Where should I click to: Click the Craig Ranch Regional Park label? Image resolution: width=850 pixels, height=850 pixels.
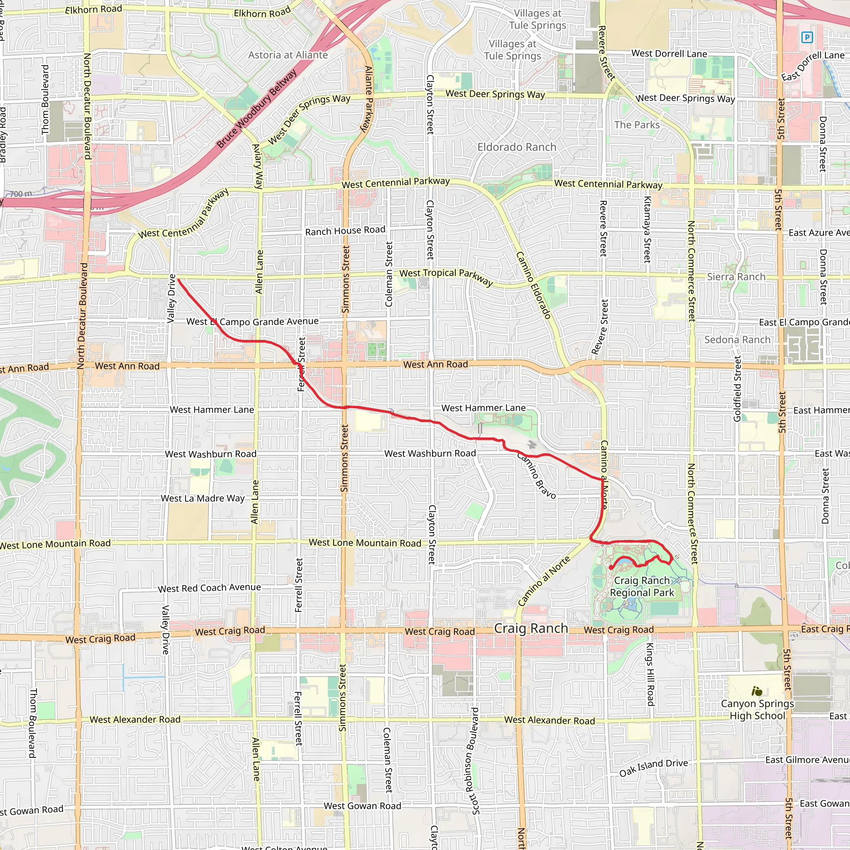tap(642, 586)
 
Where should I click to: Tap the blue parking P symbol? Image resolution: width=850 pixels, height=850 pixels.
tap(807, 37)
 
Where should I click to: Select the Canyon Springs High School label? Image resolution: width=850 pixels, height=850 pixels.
tap(757, 710)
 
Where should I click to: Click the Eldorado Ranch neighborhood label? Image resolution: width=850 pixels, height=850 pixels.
tap(517, 147)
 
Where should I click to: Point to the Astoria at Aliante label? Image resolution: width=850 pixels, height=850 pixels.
tap(288, 55)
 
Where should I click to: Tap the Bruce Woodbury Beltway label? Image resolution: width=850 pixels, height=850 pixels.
tap(256, 109)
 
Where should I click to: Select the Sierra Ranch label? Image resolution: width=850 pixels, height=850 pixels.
tap(736, 277)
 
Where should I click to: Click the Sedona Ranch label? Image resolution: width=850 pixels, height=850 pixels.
tap(738, 340)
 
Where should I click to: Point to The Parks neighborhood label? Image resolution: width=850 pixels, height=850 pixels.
tap(637, 125)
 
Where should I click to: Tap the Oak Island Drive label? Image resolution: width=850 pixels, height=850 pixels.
tap(653, 768)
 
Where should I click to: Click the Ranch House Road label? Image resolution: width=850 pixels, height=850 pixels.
tap(345, 230)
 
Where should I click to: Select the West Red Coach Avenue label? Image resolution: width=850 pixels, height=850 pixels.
tap(210, 588)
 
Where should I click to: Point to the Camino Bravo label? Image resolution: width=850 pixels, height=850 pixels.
tap(536, 476)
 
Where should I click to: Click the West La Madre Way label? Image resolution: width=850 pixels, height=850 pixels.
tap(203, 498)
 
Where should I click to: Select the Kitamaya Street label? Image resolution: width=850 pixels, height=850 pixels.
tap(647, 229)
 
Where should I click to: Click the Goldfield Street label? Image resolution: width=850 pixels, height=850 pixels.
tap(738, 388)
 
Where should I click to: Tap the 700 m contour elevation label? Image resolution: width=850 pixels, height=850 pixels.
tap(21, 194)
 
